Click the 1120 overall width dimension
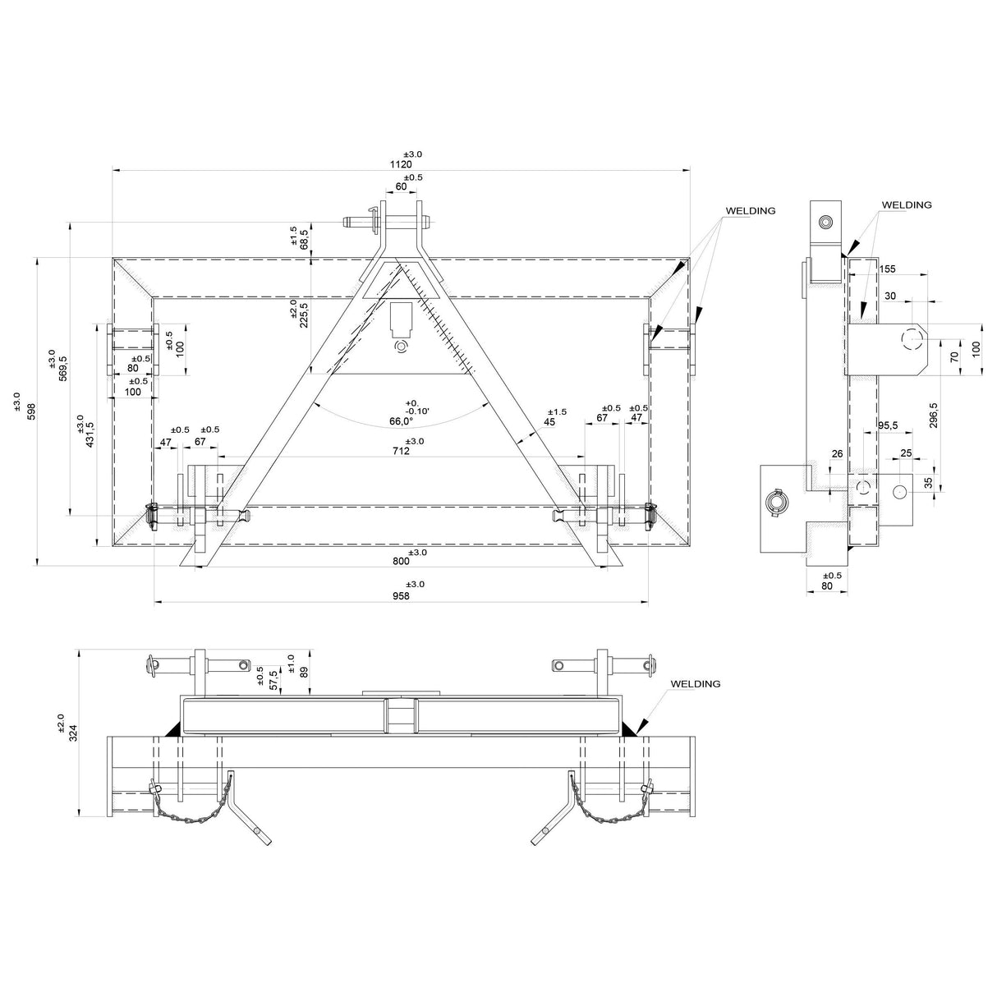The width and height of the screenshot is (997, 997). coord(401,164)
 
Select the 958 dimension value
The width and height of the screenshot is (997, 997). coord(401,596)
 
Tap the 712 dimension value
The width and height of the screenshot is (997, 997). coord(401,451)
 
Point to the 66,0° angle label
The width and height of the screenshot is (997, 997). coord(402,421)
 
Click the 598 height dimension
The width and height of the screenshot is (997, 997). coord(31,411)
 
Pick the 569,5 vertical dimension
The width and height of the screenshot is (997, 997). coord(63,369)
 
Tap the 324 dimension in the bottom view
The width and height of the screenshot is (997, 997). coord(73,733)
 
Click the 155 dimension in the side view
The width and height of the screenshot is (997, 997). coord(887,269)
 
